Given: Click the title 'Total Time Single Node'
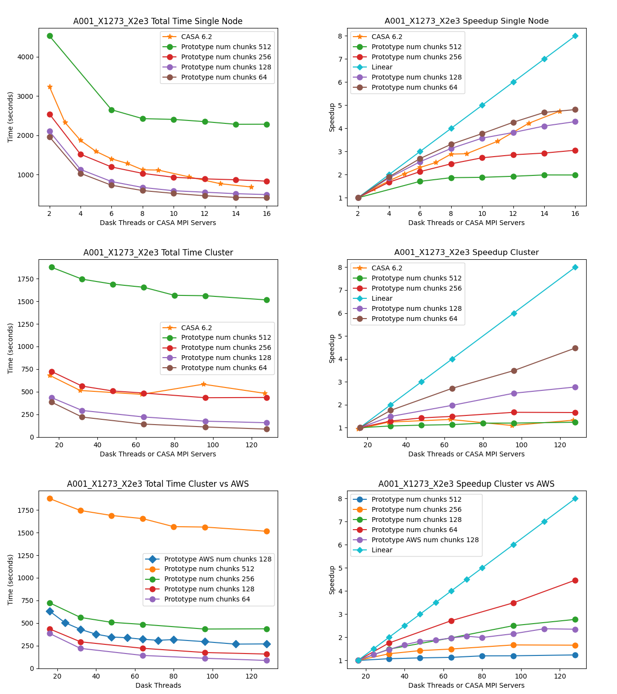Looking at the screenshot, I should point(158,21).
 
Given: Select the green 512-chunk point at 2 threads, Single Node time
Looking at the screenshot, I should point(50,36).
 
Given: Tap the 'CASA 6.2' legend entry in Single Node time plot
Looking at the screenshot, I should point(196,37).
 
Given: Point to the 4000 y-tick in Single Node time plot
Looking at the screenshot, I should point(27,57).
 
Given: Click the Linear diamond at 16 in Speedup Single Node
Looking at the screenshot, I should point(575,36).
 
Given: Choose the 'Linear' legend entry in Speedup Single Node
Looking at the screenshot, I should point(382,67).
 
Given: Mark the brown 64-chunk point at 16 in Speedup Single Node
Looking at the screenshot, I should point(575,109).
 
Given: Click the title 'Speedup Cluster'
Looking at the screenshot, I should point(466,253).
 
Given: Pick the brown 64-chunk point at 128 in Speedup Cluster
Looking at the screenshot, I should point(575,348).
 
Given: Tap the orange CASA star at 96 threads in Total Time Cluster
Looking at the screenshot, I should point(203,384).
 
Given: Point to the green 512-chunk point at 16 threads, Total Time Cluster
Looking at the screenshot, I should point(52,267).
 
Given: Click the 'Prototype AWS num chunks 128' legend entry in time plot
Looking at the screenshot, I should point(217,559).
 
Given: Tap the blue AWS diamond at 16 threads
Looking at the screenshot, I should point(50,611).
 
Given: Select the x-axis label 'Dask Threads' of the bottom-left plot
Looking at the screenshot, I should point(158,685).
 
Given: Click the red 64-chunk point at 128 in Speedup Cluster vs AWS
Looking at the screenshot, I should point(575,580).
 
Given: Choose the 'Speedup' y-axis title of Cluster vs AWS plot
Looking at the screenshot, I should point(332,580).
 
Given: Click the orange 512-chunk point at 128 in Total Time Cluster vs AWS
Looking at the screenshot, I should point(267,531).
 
